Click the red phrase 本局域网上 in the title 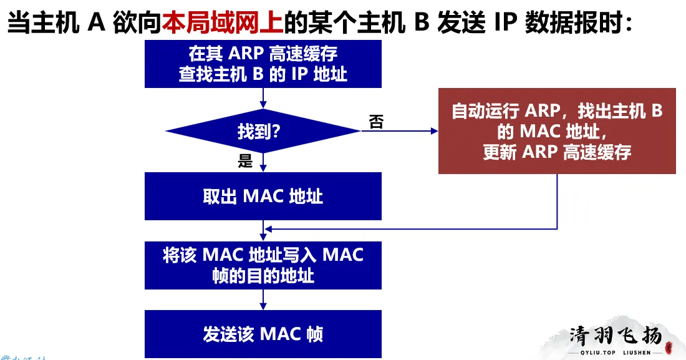(223, 24)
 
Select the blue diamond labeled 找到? (263, 131)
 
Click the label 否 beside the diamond (376, 122)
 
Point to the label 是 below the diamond (245, 162)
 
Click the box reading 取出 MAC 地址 (263, 196)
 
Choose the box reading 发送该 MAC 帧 (263, 334)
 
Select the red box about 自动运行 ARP (557, 131)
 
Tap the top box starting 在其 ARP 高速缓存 (263, 64)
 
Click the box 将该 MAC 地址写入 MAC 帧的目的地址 (263, 265)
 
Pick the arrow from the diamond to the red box (399, 131)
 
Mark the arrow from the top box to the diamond (263, 98)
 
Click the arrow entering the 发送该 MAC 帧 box (263, 300)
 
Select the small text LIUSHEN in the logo (637, 353)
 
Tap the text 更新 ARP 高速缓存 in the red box (557, 152)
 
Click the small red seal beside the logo (668, 346)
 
